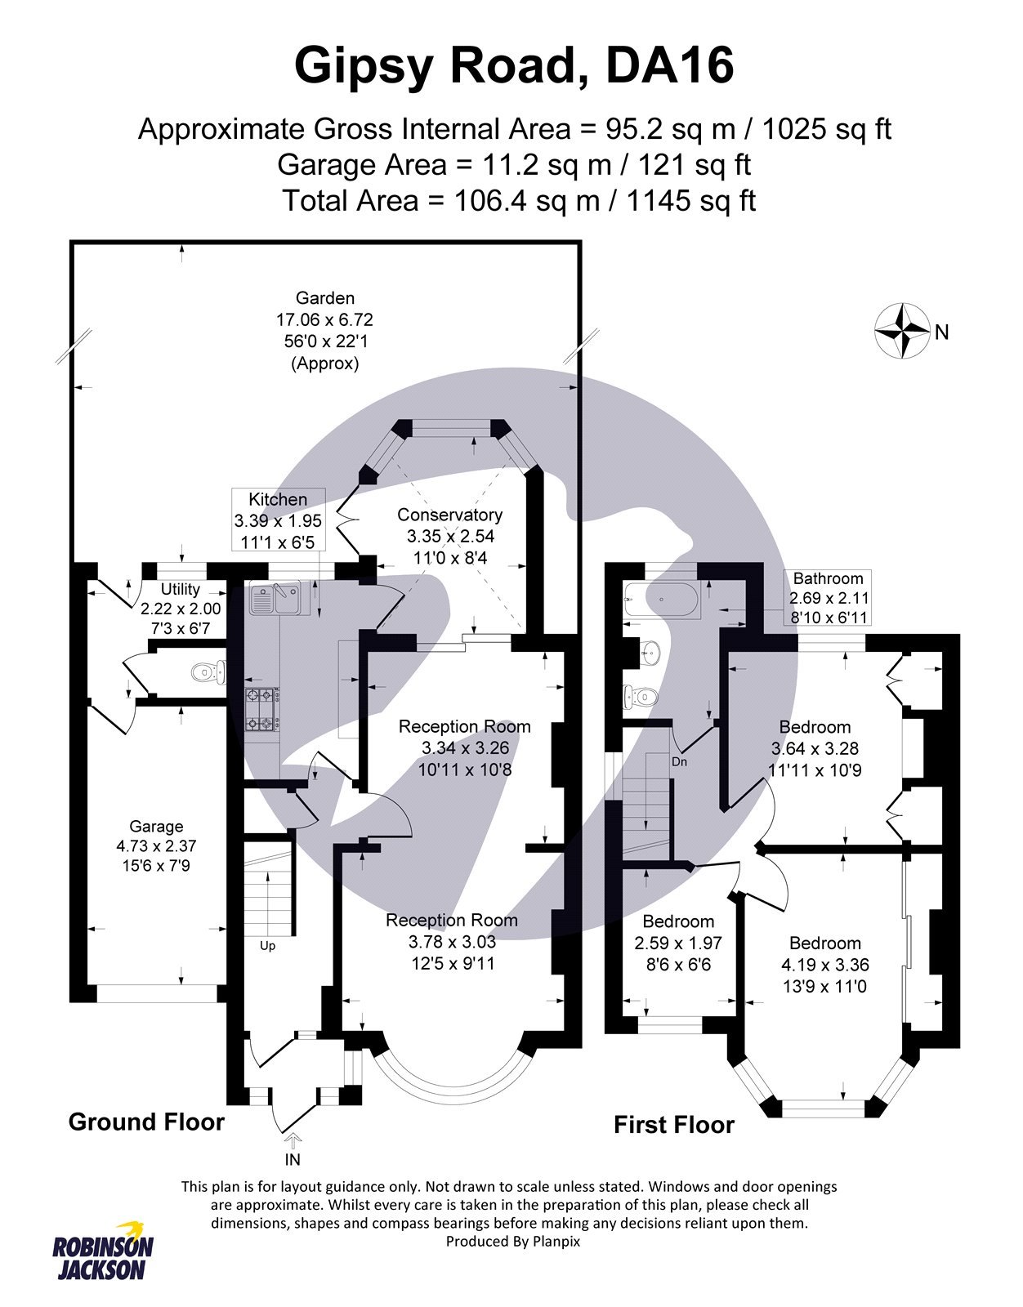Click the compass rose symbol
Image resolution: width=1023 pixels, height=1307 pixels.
coord(902,331)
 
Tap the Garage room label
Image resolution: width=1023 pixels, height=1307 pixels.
coord(156,826)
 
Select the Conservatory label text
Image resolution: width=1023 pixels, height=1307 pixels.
coord(449,515)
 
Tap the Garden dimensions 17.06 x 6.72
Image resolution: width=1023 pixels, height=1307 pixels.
coord(324,319)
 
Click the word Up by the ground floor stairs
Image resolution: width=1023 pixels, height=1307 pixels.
coord(267,946)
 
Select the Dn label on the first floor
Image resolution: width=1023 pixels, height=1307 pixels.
coord(679,761)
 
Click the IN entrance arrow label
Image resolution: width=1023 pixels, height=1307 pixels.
coord(293,1159)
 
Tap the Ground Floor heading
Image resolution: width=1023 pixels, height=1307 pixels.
coord(146,1122)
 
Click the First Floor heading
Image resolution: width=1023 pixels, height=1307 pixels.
coord(674,1125)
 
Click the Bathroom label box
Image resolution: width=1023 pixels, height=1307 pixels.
coord(828,598)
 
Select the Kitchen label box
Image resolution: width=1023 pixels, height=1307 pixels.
coord(278,520)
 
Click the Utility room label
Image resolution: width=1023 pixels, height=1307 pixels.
coord(181,589)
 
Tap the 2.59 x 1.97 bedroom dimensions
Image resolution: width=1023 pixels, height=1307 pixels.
coord(678,943)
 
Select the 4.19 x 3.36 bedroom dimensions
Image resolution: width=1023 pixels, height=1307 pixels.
coord(824,964)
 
